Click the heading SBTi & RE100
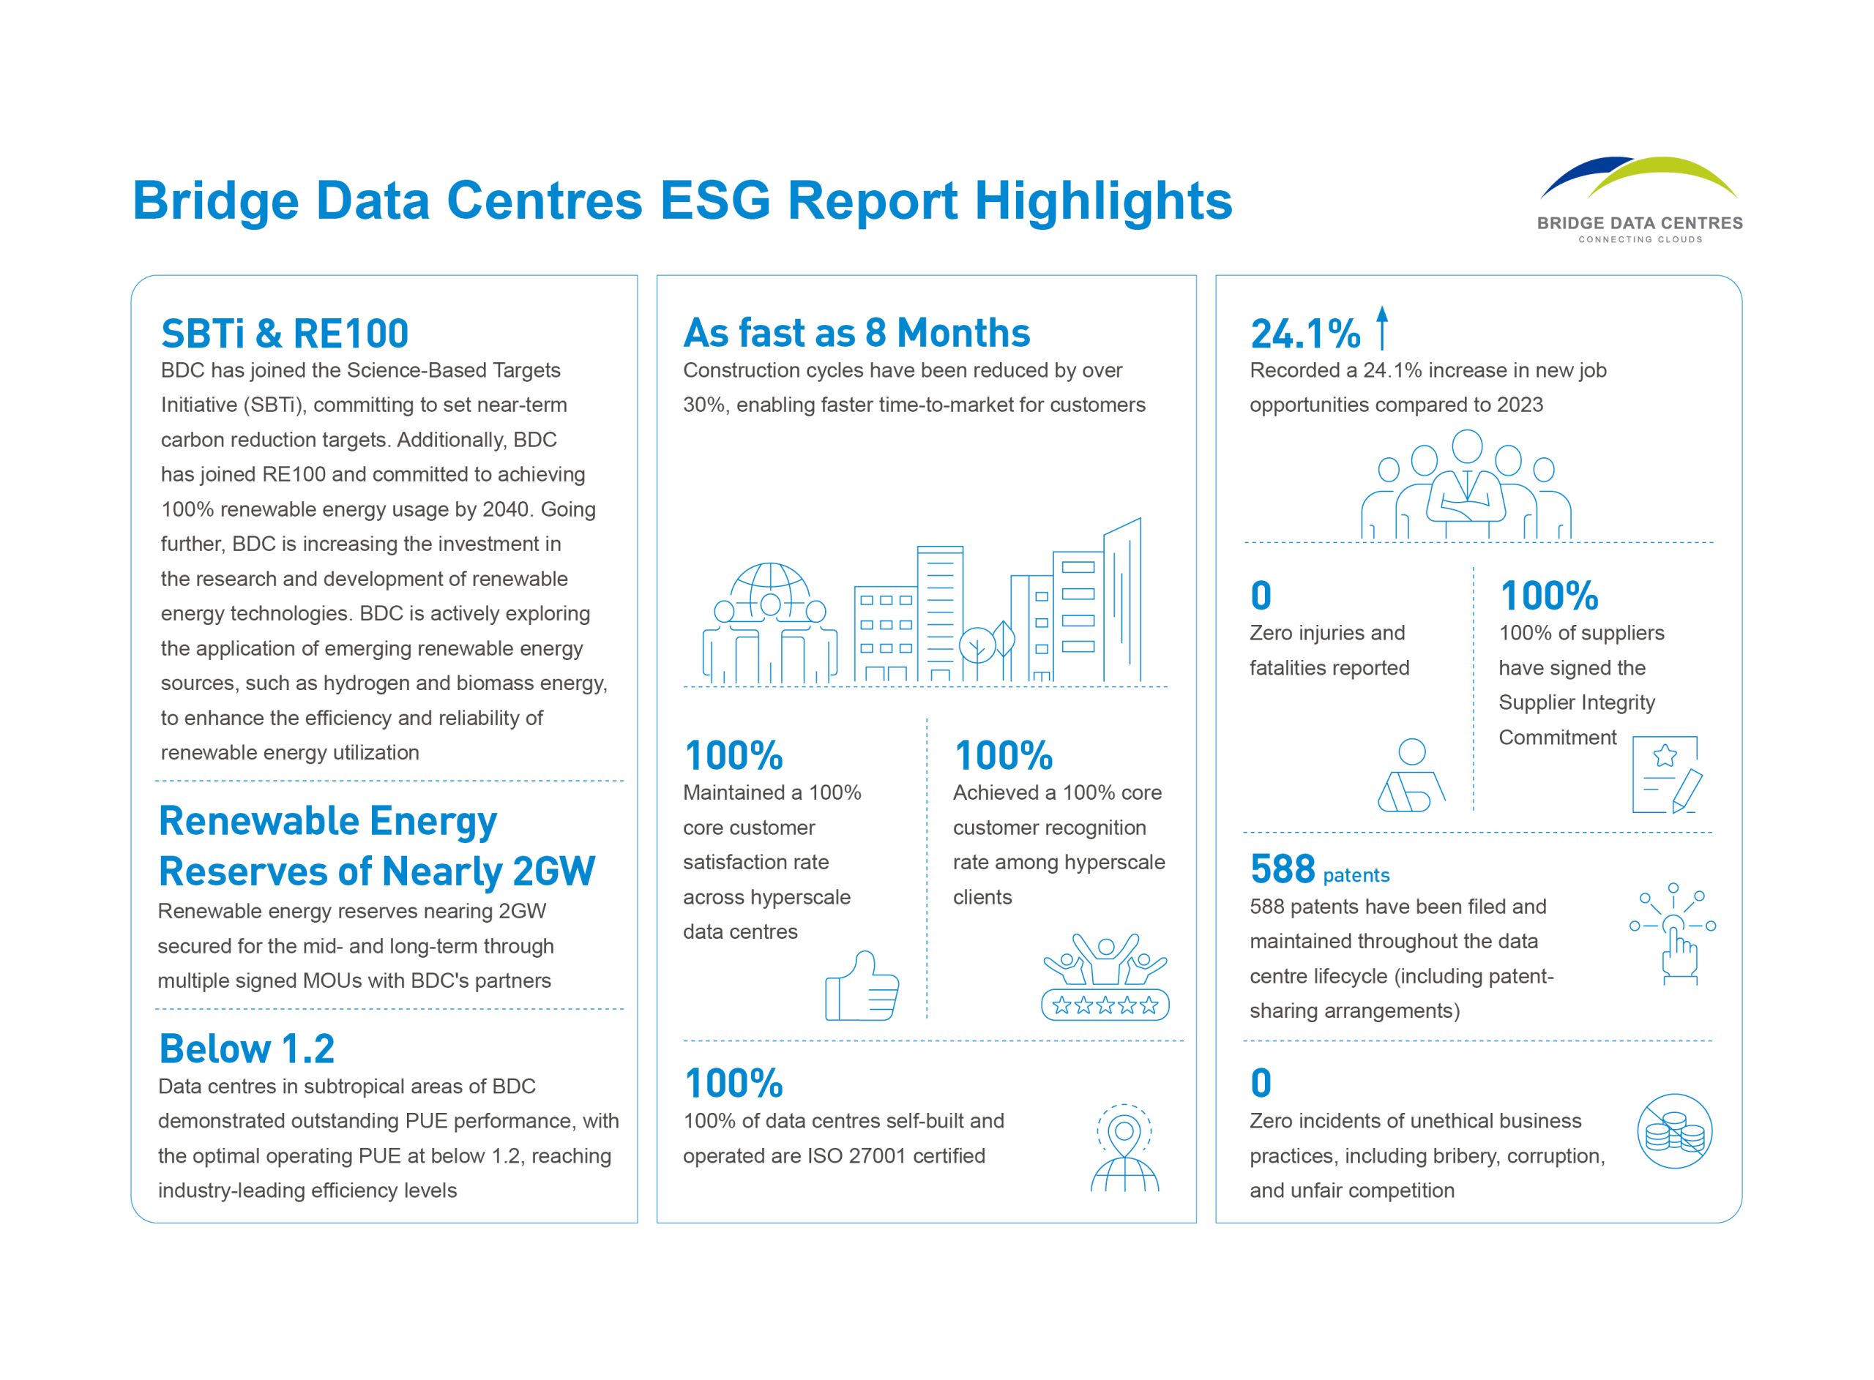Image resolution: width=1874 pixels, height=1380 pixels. point(284,334)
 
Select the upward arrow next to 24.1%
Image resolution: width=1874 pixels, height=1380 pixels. point(1382,328)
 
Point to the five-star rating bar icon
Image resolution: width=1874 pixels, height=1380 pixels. point(1105,1004)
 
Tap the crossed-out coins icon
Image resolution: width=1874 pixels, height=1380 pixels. point(1674,1131)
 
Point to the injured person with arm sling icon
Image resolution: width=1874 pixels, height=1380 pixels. point(1411,776)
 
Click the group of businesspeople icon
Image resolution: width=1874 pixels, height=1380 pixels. point(1466,485)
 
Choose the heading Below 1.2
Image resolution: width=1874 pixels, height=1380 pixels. point(247,1049)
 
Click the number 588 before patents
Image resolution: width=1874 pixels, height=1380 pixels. point(1283,869)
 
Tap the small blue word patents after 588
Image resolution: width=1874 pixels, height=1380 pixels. point(1355,875)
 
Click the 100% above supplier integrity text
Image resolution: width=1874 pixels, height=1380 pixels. point(1548,596)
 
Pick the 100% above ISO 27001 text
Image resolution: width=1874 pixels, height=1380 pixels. point(733,1084)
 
